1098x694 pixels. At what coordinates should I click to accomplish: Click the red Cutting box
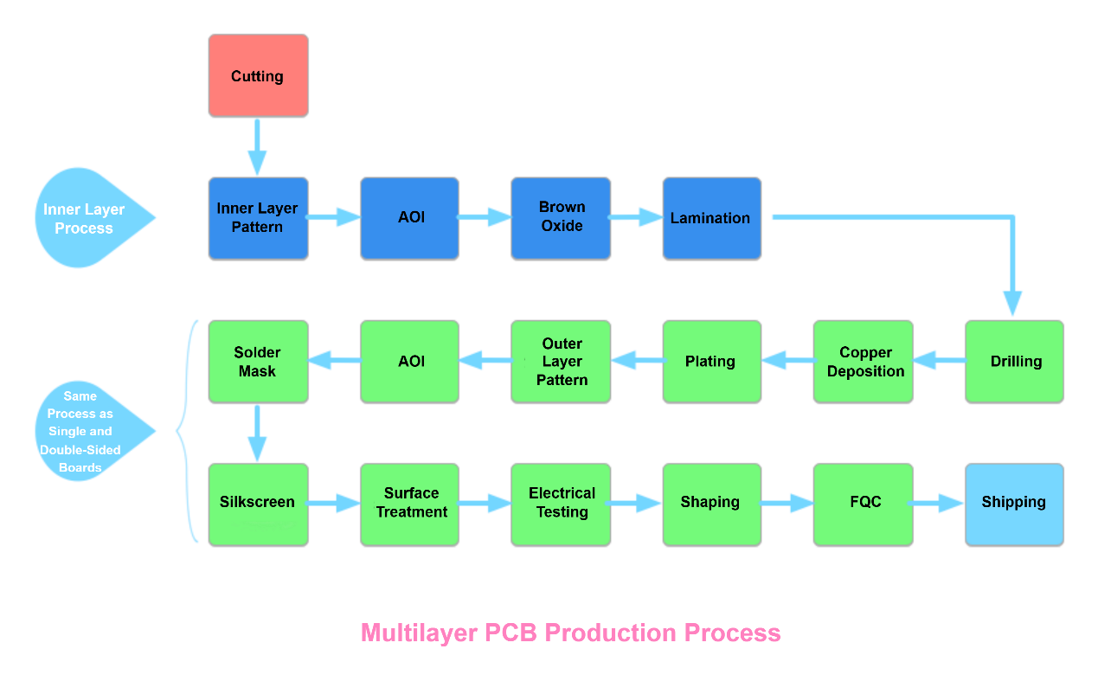click(258, 76)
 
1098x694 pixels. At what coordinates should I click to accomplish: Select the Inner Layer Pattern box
click(258, 218)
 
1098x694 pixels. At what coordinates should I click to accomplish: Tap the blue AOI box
click(409, 218)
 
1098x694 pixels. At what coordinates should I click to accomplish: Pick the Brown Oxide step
click(561, 218)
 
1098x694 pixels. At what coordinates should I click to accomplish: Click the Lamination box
click(711, 218)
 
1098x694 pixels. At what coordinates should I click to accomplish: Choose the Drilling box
click(1014, 362)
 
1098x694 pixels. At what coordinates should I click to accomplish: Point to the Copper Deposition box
click(863, 362)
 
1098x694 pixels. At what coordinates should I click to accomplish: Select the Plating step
click(711, 362)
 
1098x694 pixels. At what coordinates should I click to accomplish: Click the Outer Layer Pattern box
click(561, 362)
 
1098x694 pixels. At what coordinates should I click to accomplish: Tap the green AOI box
click(409, 362)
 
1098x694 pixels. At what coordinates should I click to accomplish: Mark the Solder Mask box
click(258, 362)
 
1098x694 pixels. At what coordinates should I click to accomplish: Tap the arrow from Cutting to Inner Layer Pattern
click(257, 147)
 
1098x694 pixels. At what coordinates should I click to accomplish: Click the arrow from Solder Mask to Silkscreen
click(257, 434)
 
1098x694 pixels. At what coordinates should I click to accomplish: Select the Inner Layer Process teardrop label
click(87, 218)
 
